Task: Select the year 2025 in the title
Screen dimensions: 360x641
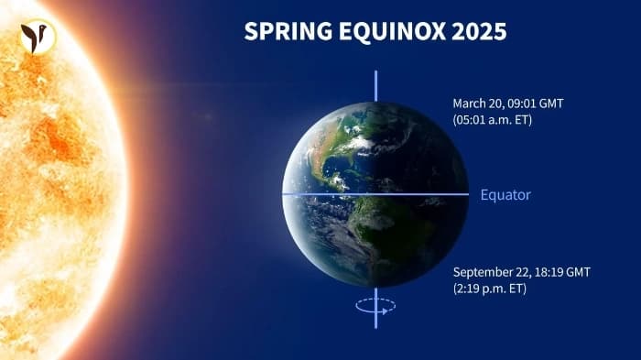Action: [x=476, y=31]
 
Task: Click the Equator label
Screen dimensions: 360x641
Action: [x=505, y=195]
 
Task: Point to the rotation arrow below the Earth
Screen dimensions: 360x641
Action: [x=375, y=306]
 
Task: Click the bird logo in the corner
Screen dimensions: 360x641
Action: [x=38, y=37]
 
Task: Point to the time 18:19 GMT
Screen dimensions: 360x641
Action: [x=570, y=272]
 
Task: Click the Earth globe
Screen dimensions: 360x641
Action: [x=375, y=194]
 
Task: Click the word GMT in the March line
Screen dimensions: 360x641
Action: [x=550, y=104]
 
